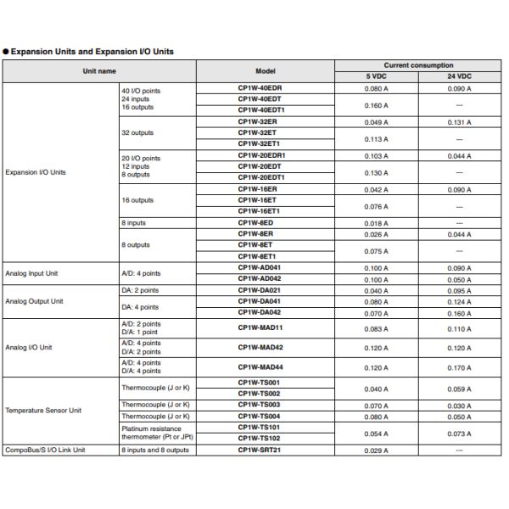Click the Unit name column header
click(x=99, y=71)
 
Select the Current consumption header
click(x=418, y=65)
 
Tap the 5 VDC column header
click(x=375, y=76)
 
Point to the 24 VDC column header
click(x=460, y=76)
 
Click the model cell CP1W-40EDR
click(x=260, y=87)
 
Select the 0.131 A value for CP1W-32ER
click(x=460, y=121)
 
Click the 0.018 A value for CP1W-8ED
click(x=376, y=223)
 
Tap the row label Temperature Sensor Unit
click(x=43, y=411)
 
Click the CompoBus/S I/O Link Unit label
click(x=46, y=450)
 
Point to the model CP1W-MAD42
click(x=260, y=348)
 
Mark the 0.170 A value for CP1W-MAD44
click(x=460, y=369)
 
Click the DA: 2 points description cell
click(x=140, y=290)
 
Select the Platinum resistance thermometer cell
click(x=153, y=433)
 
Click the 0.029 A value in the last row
click(x=376, y=450)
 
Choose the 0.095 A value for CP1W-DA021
click(x=460, y=290)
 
